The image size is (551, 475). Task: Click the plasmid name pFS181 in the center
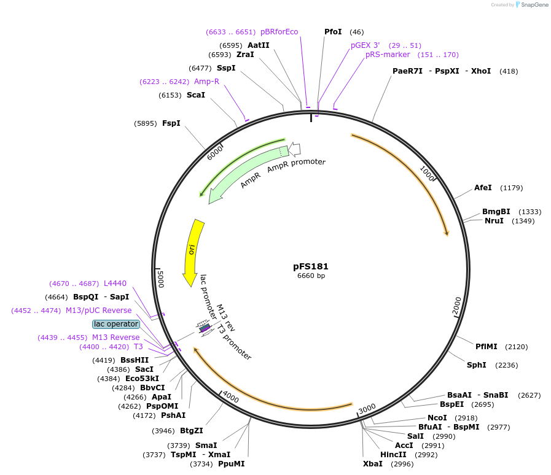point(311,266)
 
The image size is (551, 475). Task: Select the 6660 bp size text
point(311,276)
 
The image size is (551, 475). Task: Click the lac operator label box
point(115,323)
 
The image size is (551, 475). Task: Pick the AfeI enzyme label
point(483,188)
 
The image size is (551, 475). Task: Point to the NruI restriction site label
point(494,221)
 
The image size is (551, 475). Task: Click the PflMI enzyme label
point(487,347)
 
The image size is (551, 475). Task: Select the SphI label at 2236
point(476,365)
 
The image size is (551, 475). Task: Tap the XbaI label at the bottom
point(372,464)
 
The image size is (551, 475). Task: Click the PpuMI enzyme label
point(231,464)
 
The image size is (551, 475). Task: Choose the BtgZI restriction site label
point(191,431)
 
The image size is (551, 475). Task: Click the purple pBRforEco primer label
point(279,32)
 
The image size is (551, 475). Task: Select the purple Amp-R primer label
point(206,82)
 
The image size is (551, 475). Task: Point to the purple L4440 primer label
point(115,284)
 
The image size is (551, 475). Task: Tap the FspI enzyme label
point(171,123)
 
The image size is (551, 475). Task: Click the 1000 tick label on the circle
point(428,172)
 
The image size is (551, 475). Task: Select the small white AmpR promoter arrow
point(294,149)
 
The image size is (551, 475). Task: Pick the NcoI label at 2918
point(437,418)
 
